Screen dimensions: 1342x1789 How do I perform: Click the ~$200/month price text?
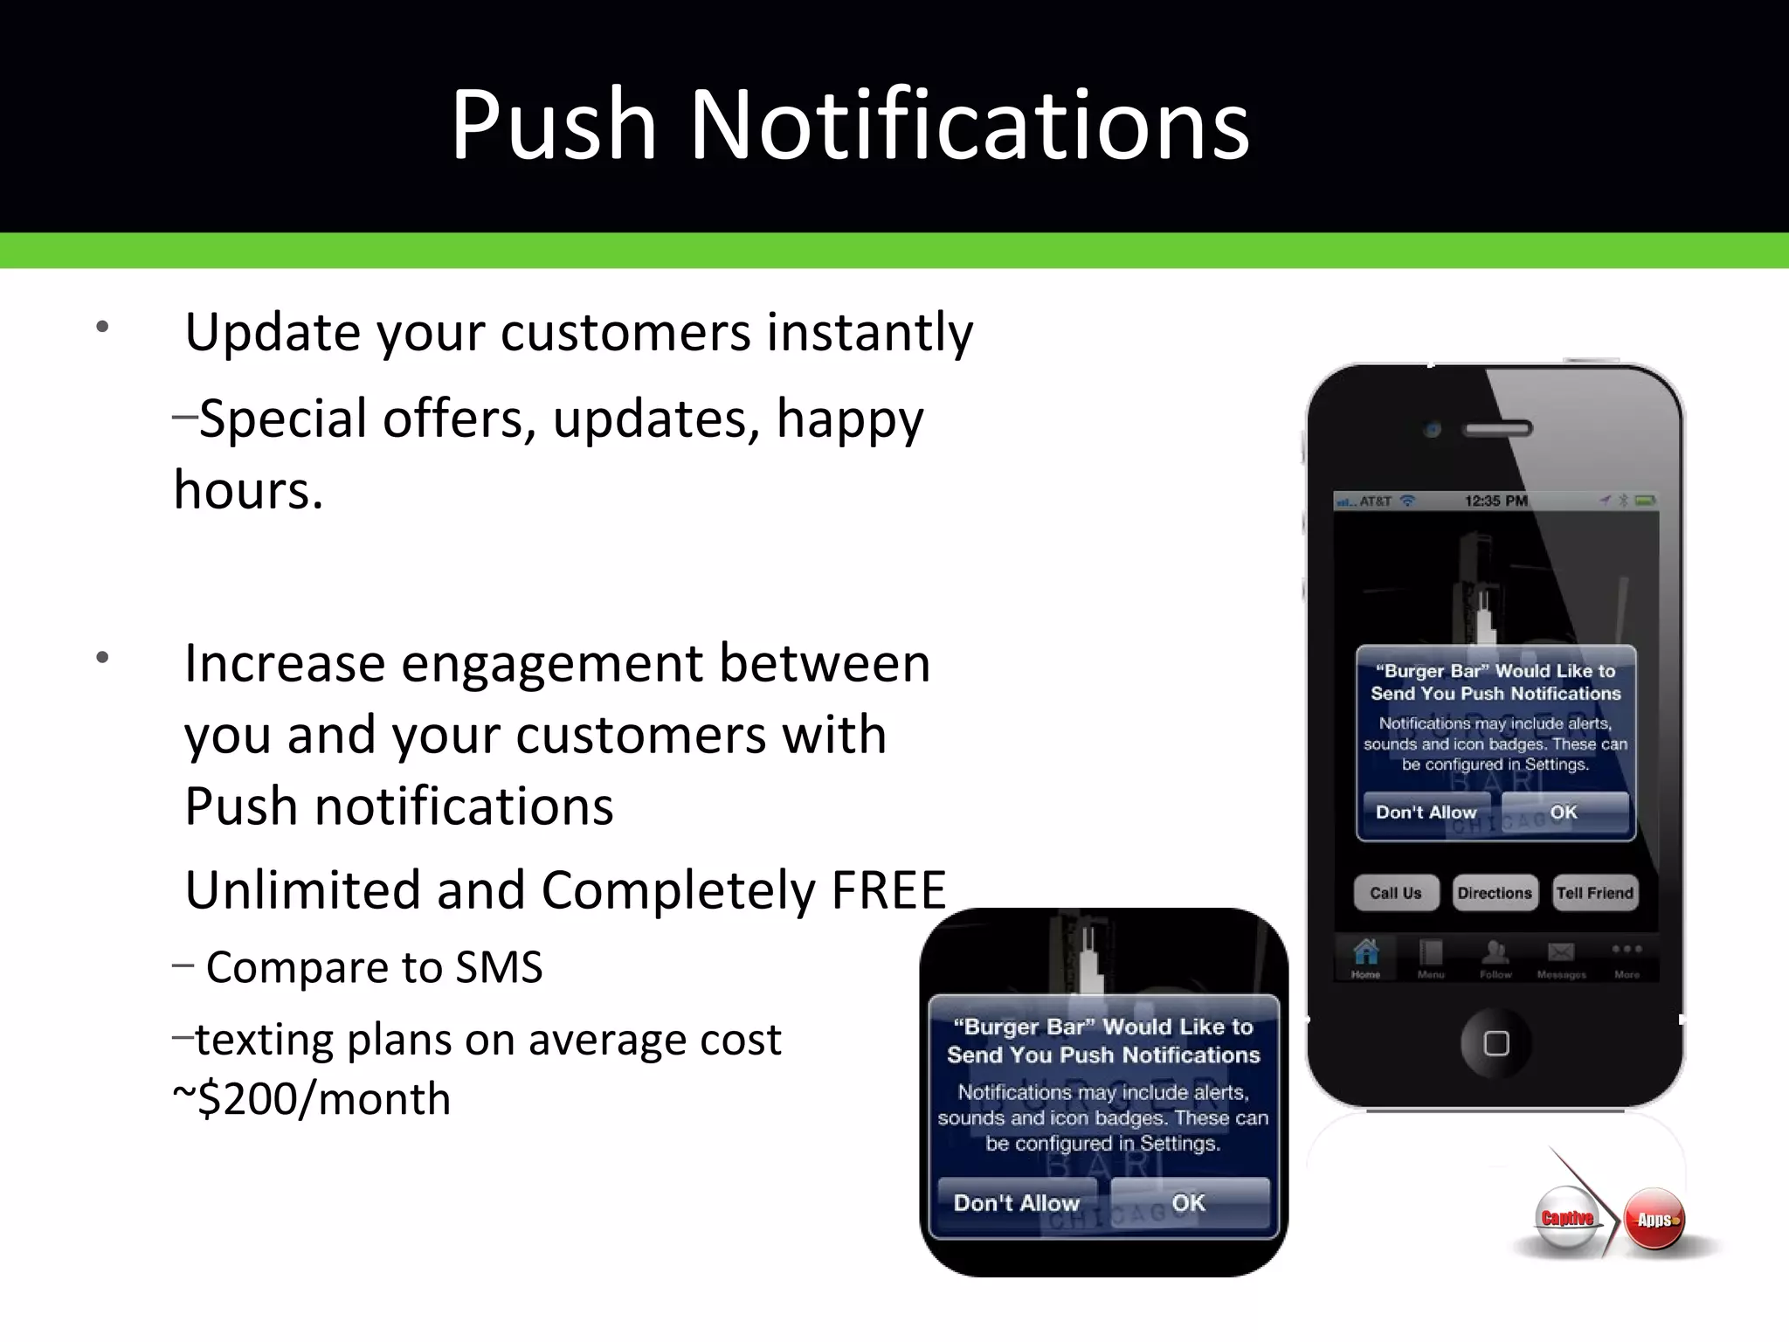pyautogui.click(x=312, y=1099)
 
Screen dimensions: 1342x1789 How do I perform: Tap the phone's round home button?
pyautogui.click(x=1495, y=1043)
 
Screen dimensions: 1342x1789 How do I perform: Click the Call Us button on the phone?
pyautogui.click(x=1395, y=893)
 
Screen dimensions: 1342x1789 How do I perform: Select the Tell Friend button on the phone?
pyautogui.click(x=1594, y=893)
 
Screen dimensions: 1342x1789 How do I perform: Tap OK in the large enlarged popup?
pyautogui.click(x=1188, y=1203)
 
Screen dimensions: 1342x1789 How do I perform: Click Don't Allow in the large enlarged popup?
pyautogui.click(x=1017, y=1203)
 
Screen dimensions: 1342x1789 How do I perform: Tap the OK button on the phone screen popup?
pyautogui.click(x=1564, y=813)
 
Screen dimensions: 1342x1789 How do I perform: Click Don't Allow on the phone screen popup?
pyautogui.click(x=1426, y=813)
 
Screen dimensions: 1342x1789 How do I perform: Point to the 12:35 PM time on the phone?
pyautogui.click(x=1495, y=501)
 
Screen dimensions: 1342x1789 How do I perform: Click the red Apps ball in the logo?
pyautogui.click(x=1654, y=1220)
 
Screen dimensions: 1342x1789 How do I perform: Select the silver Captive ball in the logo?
pyautogui.click(x=1567, y=1218)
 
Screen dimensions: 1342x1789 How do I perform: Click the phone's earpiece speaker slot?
pyautogui.click(x=1498, y=429)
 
